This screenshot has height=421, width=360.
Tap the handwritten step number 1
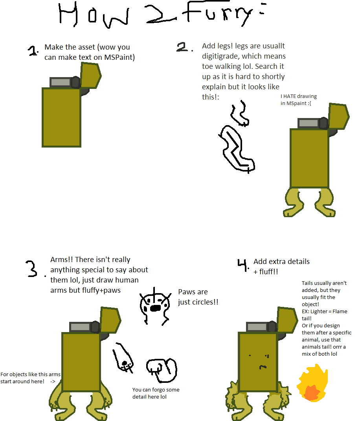tap(33, 51)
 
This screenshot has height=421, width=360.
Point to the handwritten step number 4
tap(242, 265)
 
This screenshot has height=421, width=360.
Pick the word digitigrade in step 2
tap(220, 56)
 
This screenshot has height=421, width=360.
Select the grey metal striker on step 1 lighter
tap(60, 82)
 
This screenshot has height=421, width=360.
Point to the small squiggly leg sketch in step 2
tap(239, 113)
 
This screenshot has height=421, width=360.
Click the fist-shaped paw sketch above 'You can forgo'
tap(161, 369)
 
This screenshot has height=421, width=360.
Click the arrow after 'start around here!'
tap(53, 382)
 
